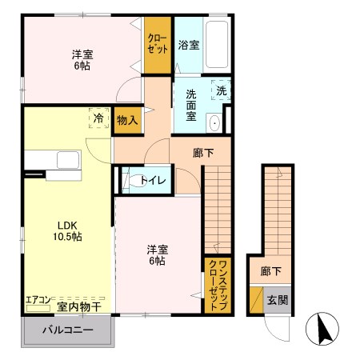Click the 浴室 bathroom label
click(190, 45)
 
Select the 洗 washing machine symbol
click(222, 90)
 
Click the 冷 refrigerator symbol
click(98, 117)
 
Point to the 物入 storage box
click(127, 120)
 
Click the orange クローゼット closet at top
click(157, 44)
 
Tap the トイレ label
click(154, 181)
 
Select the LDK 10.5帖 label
click(68, 230)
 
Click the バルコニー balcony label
click(67, 330)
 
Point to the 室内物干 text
click(78, 306)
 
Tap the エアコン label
click(38, 300)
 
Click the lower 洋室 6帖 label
click(156, 254)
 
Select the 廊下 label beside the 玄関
click(271, 271)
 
